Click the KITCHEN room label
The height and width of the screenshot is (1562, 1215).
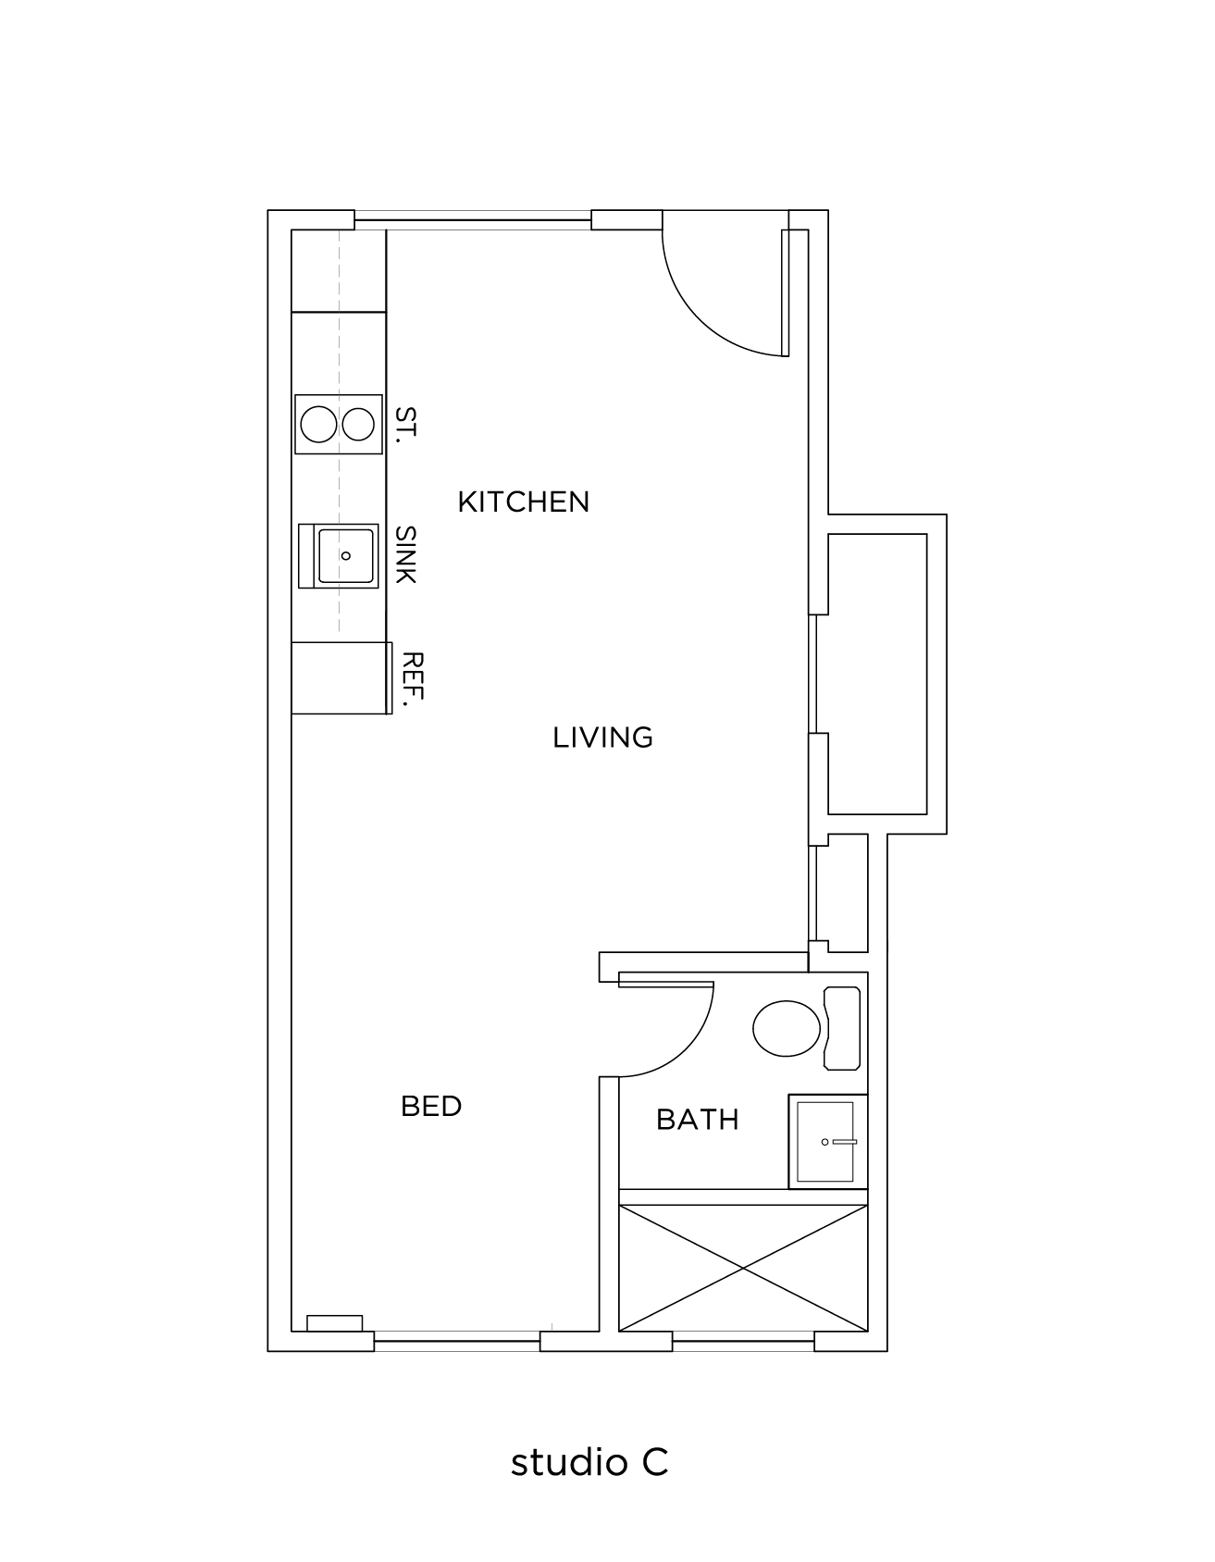[523, 502]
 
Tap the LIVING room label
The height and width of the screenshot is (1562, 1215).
[602, 738]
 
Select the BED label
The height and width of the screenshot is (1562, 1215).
[431, 1106]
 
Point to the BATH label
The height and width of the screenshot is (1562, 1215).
[697, 1120]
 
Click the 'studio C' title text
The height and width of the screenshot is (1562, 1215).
[589, 1462]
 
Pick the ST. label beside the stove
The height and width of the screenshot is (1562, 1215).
[405, 425]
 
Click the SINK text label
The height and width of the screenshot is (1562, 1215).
[405, 554]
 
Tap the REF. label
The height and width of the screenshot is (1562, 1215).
[412, 680]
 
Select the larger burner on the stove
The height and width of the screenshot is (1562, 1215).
[318, 425]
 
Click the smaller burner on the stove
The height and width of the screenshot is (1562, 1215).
[358, 425]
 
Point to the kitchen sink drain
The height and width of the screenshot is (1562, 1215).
[345, 555]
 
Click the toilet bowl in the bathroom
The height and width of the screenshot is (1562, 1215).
[787, 1027]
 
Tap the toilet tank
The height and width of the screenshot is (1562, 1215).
[843, 1028]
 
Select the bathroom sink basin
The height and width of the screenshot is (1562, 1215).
[825, 1142]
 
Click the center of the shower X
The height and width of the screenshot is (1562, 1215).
[743, 1268]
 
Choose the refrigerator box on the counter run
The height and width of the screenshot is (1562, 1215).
[339, 677]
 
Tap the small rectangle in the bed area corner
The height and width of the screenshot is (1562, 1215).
[334, 1323]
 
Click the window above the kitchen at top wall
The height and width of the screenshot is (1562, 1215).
[473, 220]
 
